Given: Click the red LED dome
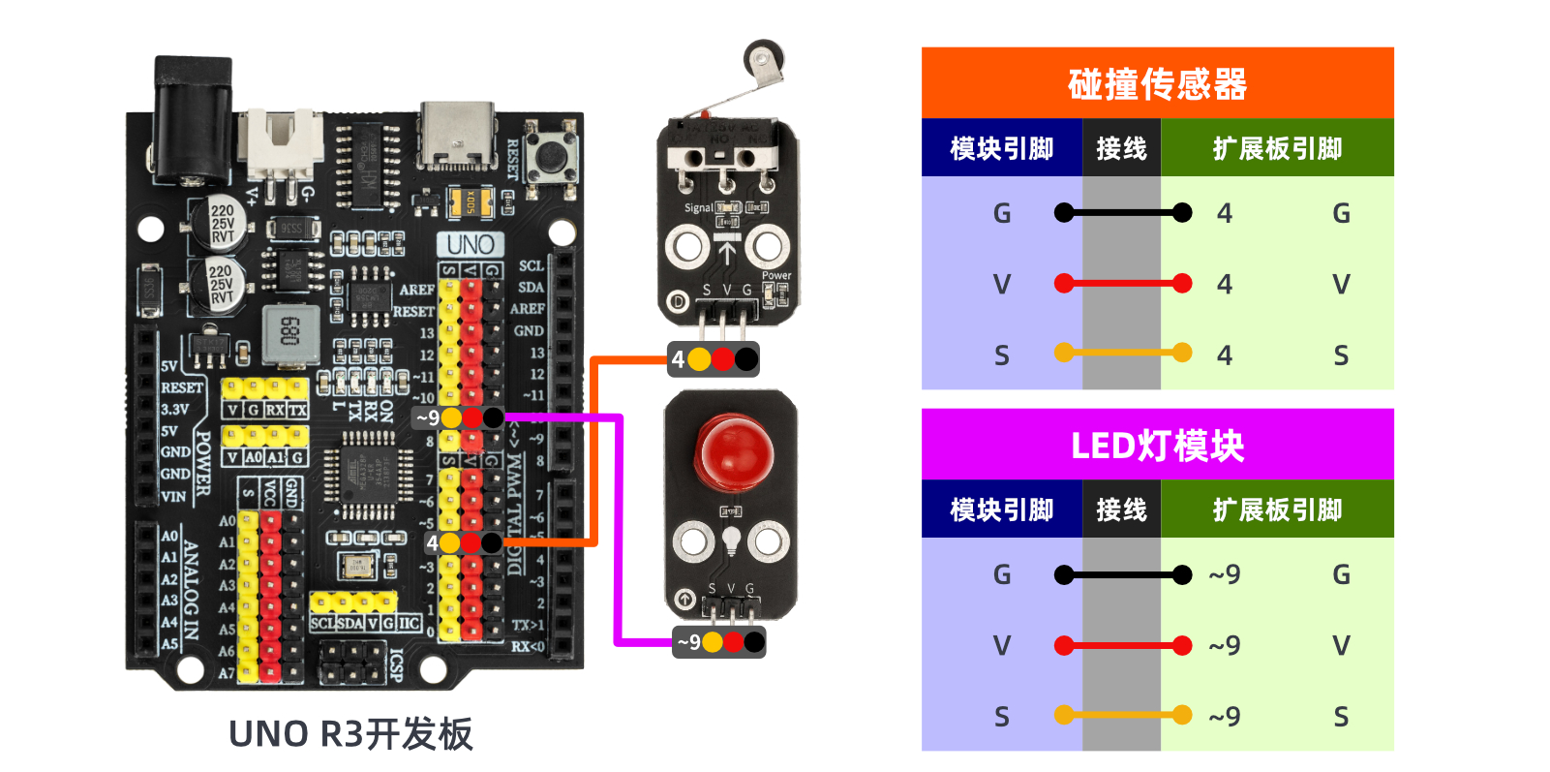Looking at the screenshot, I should coord(734,451).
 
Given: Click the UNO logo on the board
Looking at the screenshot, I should coord(471,244).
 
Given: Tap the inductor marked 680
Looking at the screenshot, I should coord(289,332).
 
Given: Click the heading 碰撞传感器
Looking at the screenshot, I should coord(1157,84).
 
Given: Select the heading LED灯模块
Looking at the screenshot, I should coord(1157,446).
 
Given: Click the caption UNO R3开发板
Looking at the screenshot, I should coord(350,734).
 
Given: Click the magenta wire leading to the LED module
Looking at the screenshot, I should coord(618,533).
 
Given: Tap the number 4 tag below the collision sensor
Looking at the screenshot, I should coord(678,360).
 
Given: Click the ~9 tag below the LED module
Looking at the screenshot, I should coord(688,642).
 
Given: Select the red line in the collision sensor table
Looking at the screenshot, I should coord(1122,284).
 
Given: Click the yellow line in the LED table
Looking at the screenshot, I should coord(1122,716).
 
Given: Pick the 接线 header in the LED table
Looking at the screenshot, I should coord(1121,510).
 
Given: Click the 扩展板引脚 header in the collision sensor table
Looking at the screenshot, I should coord(1277,148).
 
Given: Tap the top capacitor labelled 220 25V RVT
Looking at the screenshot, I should coord(221,224).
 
